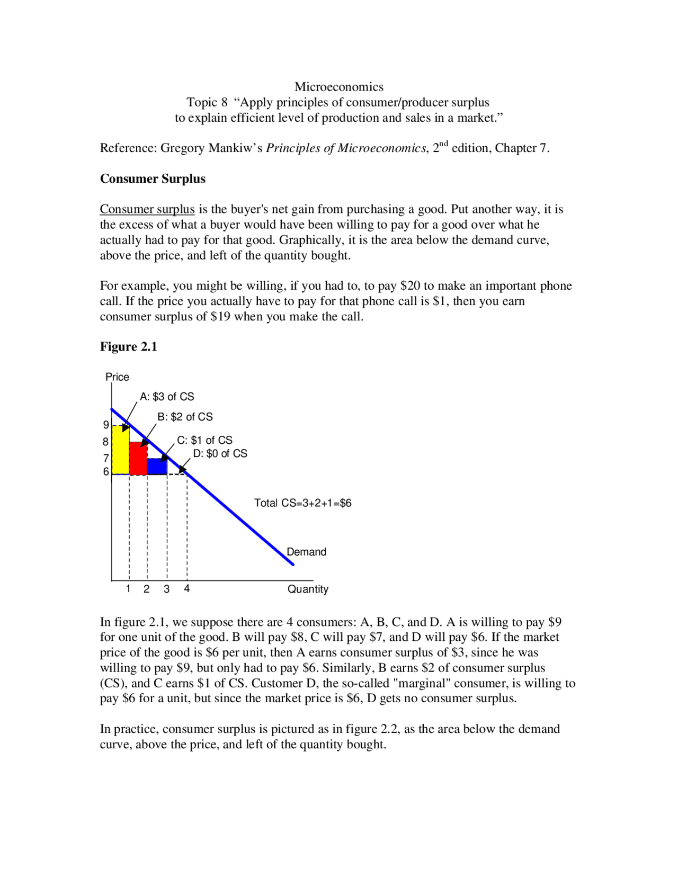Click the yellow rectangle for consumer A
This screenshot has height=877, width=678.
[x=120, y=450]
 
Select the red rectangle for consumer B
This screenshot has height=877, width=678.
[x=138, y=459]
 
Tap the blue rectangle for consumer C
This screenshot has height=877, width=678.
[x=157, y=467]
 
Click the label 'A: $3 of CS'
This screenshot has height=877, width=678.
[x=167, y=397]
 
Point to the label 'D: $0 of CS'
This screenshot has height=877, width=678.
[x=220, y=454]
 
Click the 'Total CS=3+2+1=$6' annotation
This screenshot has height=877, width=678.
[x=302, y=503]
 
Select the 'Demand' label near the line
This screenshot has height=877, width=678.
[x=306, y=552]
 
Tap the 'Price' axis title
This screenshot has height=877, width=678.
[x=117, y=377]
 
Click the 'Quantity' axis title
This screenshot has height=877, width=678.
[x=308, y=589]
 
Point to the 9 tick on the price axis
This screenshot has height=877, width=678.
[x=106, y=425]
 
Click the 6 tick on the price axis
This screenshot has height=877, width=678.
[x=106, y=471]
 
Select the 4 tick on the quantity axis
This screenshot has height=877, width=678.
[x=187, y=589]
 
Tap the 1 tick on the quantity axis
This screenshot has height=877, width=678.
[x=128, y=589]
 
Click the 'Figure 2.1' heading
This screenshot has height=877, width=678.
[x=128, y=347]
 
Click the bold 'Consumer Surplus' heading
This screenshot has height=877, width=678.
[x=153, y=179]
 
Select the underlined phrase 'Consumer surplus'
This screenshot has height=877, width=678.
[x=147, y=210]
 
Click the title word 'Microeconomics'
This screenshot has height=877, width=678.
[x=339, y=87]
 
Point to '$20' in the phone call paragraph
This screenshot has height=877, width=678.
[x=410, y=286]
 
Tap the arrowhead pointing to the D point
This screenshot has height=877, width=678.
[x=182, y=470]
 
